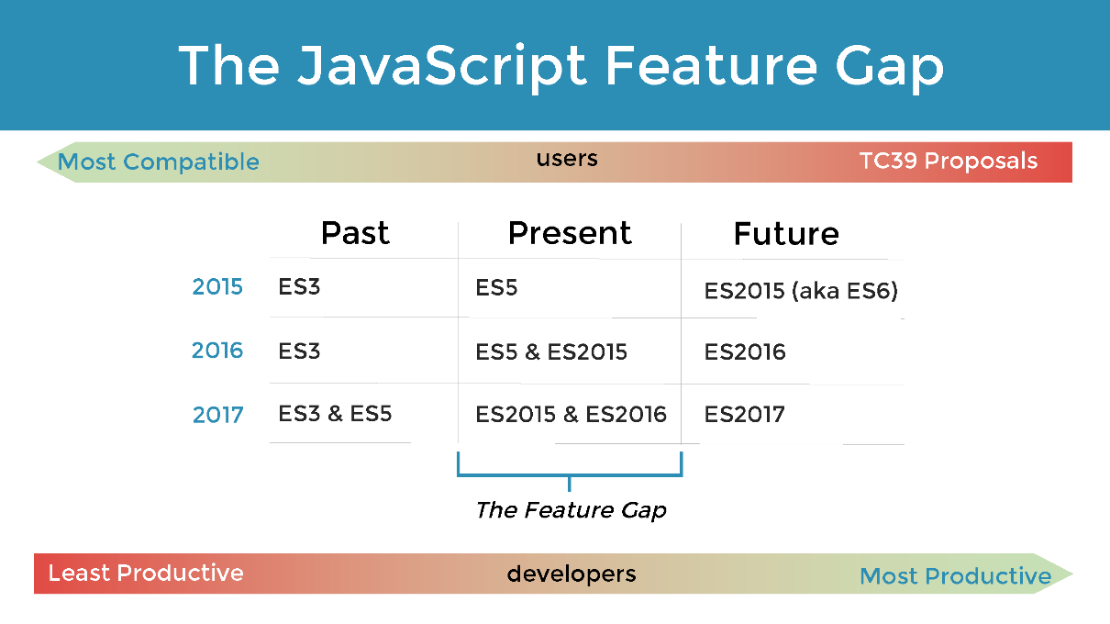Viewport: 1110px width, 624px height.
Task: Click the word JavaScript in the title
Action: [x=441, y=67]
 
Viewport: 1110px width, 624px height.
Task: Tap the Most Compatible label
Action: [x=159, y=162]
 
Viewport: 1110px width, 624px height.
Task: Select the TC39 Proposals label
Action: [x=949, y=162]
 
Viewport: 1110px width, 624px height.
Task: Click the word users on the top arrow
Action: [x=567, y=159]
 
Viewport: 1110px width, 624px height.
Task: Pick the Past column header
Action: [x=355, y=233]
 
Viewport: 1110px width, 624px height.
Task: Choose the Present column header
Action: [x=570, y=233]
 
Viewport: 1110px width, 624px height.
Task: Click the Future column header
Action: [x=786, y=234]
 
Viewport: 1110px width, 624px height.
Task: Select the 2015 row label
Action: [x=217, y=286]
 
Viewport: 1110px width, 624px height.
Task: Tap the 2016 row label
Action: [x=217, y=351]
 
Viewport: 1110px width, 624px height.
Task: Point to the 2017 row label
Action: [x=218, y=415]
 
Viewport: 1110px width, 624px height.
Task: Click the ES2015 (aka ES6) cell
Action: [x=801, y=291]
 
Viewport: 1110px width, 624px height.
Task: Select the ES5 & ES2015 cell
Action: [x=551, y=351]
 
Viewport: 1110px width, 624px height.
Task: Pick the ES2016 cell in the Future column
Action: [x=745, y=351]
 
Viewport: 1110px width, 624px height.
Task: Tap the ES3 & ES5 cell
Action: [x=335, y=414]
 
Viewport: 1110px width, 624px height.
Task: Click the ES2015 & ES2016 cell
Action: [x=571, y=415]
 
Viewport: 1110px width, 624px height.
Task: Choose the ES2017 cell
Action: [x=744, y=415]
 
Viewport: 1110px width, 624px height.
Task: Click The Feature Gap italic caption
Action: [x=571, y=510]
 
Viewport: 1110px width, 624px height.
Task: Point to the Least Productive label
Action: [x=146, y=573]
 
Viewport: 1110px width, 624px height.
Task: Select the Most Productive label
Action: [x=955, y=576]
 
